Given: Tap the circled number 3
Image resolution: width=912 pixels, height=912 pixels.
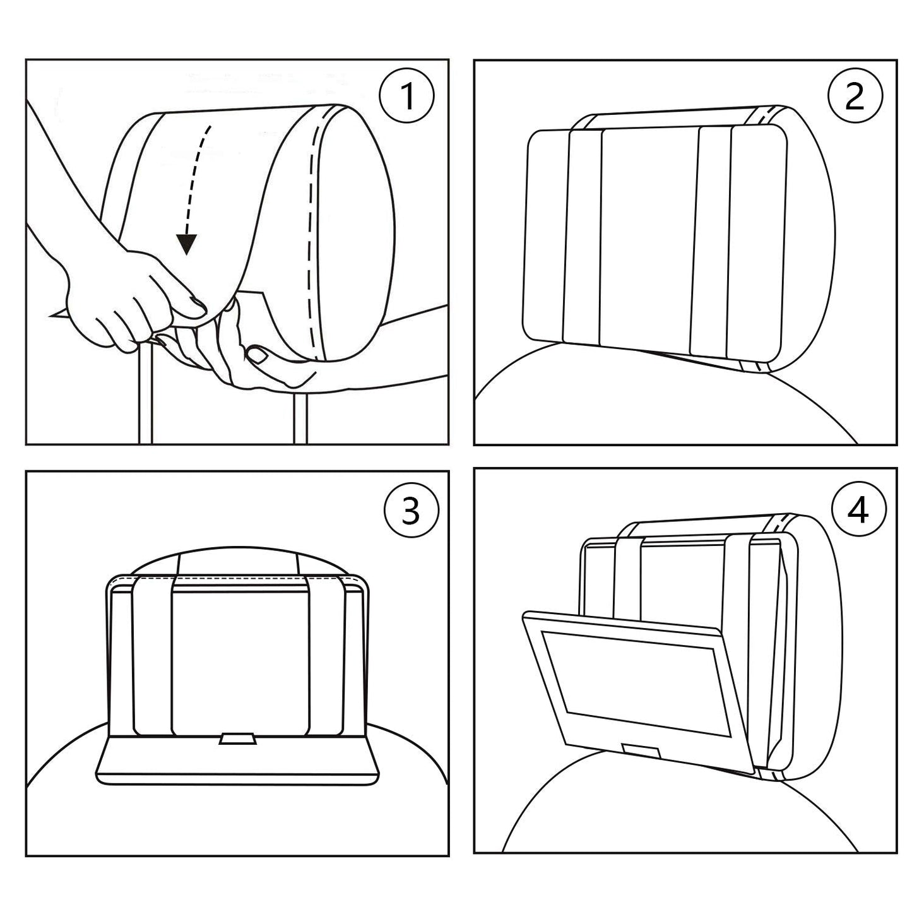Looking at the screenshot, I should [x=410, y=510].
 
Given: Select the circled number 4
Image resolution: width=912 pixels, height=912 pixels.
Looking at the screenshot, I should [x=858, y=510].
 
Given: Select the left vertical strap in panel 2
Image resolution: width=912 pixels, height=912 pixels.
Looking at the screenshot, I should [x=584, y=237].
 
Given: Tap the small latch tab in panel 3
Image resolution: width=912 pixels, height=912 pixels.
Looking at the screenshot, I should [x=237, y=740].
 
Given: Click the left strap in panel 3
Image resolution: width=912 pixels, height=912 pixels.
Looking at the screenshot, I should [x=153, y=656].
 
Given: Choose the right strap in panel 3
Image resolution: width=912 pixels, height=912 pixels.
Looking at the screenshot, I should [x=326, y=656].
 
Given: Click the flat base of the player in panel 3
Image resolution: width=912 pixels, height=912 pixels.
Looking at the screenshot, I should [x=237, y=764].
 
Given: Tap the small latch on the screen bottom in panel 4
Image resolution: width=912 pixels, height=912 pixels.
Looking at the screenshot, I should [x=641, y=750].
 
